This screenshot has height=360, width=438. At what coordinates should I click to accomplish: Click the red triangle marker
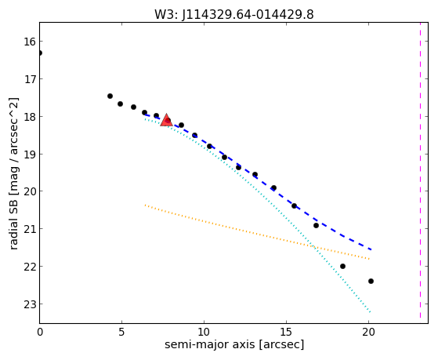click(166, 120)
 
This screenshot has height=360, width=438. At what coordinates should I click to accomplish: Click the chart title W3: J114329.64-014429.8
click(234, 15)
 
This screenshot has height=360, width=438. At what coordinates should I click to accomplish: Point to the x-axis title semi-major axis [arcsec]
click(234, 344)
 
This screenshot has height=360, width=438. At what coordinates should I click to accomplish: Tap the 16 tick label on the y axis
click(30, 42)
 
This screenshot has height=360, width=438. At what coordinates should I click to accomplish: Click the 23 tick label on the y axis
click(30, 304)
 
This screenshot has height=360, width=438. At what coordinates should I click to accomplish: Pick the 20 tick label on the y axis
click(30, 191)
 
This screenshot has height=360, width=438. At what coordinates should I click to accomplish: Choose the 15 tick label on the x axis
click(286, 333)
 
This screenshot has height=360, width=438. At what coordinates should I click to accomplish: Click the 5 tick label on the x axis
click(121, 333)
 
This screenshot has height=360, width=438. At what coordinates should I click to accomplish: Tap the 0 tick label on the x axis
click(40, 333)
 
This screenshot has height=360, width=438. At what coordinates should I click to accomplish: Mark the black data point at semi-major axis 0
click(40, 53)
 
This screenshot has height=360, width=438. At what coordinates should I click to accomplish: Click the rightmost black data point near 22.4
click(371, 281)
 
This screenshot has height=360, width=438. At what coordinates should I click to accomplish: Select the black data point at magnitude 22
click(342, 267)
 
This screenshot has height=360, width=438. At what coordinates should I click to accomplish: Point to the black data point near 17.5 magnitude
click(110, 96)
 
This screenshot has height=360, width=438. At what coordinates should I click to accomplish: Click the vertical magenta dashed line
click(420, 170)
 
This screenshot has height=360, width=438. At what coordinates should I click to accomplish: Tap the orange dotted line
click(257, 232)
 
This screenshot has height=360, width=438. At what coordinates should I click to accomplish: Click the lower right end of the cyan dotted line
click(370, 311)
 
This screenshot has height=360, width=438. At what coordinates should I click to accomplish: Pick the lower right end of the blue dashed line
click(371, 249)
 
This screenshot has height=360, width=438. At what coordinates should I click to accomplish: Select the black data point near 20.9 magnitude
click(316, 225)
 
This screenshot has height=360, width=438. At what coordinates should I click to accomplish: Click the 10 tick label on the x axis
click(204, 333)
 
